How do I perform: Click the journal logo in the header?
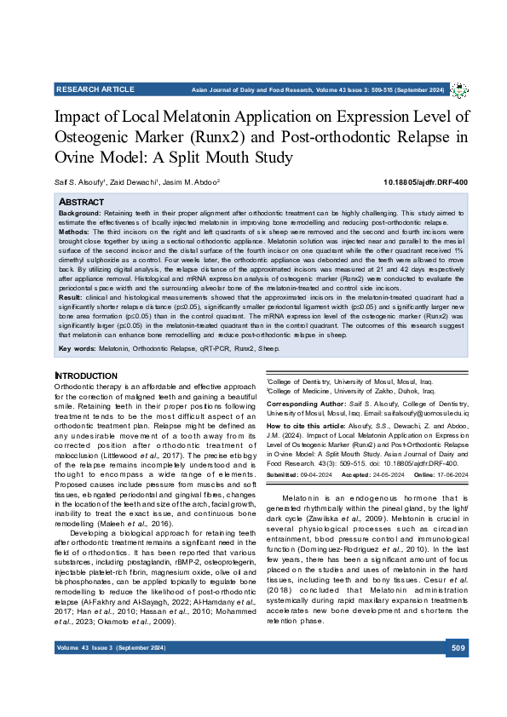pyautogui.click(x=458, y=89)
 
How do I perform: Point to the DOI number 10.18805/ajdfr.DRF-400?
pyautogui.click(x=425, y=182)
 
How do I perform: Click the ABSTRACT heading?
pyautogui.click(x=81, y=201)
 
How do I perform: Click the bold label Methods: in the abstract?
pyautogui.click(x=74, y=231)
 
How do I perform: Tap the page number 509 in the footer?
pyautogui.click(x=458, y=674)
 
